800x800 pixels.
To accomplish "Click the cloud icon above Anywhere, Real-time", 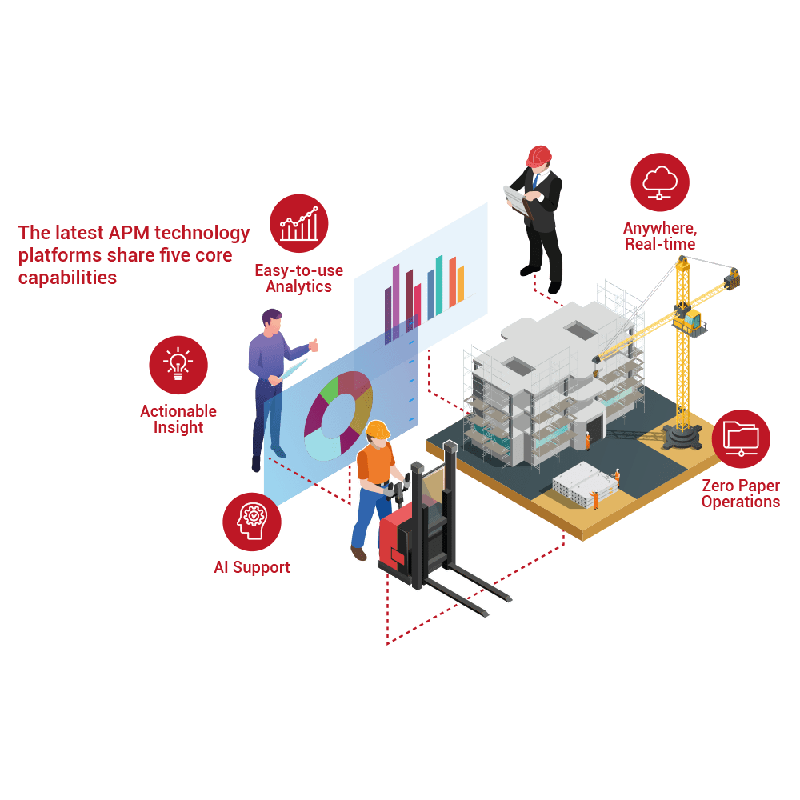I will click(x=660, y=182).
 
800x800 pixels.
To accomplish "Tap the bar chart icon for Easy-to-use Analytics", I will click(x=299, y=223).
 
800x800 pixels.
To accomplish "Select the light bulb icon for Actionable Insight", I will click(x=178, y=365).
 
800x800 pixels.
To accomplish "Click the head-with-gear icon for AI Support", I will click(x=251, y=522).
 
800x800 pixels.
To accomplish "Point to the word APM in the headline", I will click(x=128, y=233).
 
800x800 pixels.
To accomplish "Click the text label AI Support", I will click(x=251, y=567).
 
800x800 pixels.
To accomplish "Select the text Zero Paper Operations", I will click(x=740, y=494).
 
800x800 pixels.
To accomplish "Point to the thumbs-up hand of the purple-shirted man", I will click(x=314, y=346).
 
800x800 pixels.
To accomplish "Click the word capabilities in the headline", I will click(x=67, y=278).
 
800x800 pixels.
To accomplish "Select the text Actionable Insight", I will click(x=178, y=419).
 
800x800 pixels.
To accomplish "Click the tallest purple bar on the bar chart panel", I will click(x=396, y=296).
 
